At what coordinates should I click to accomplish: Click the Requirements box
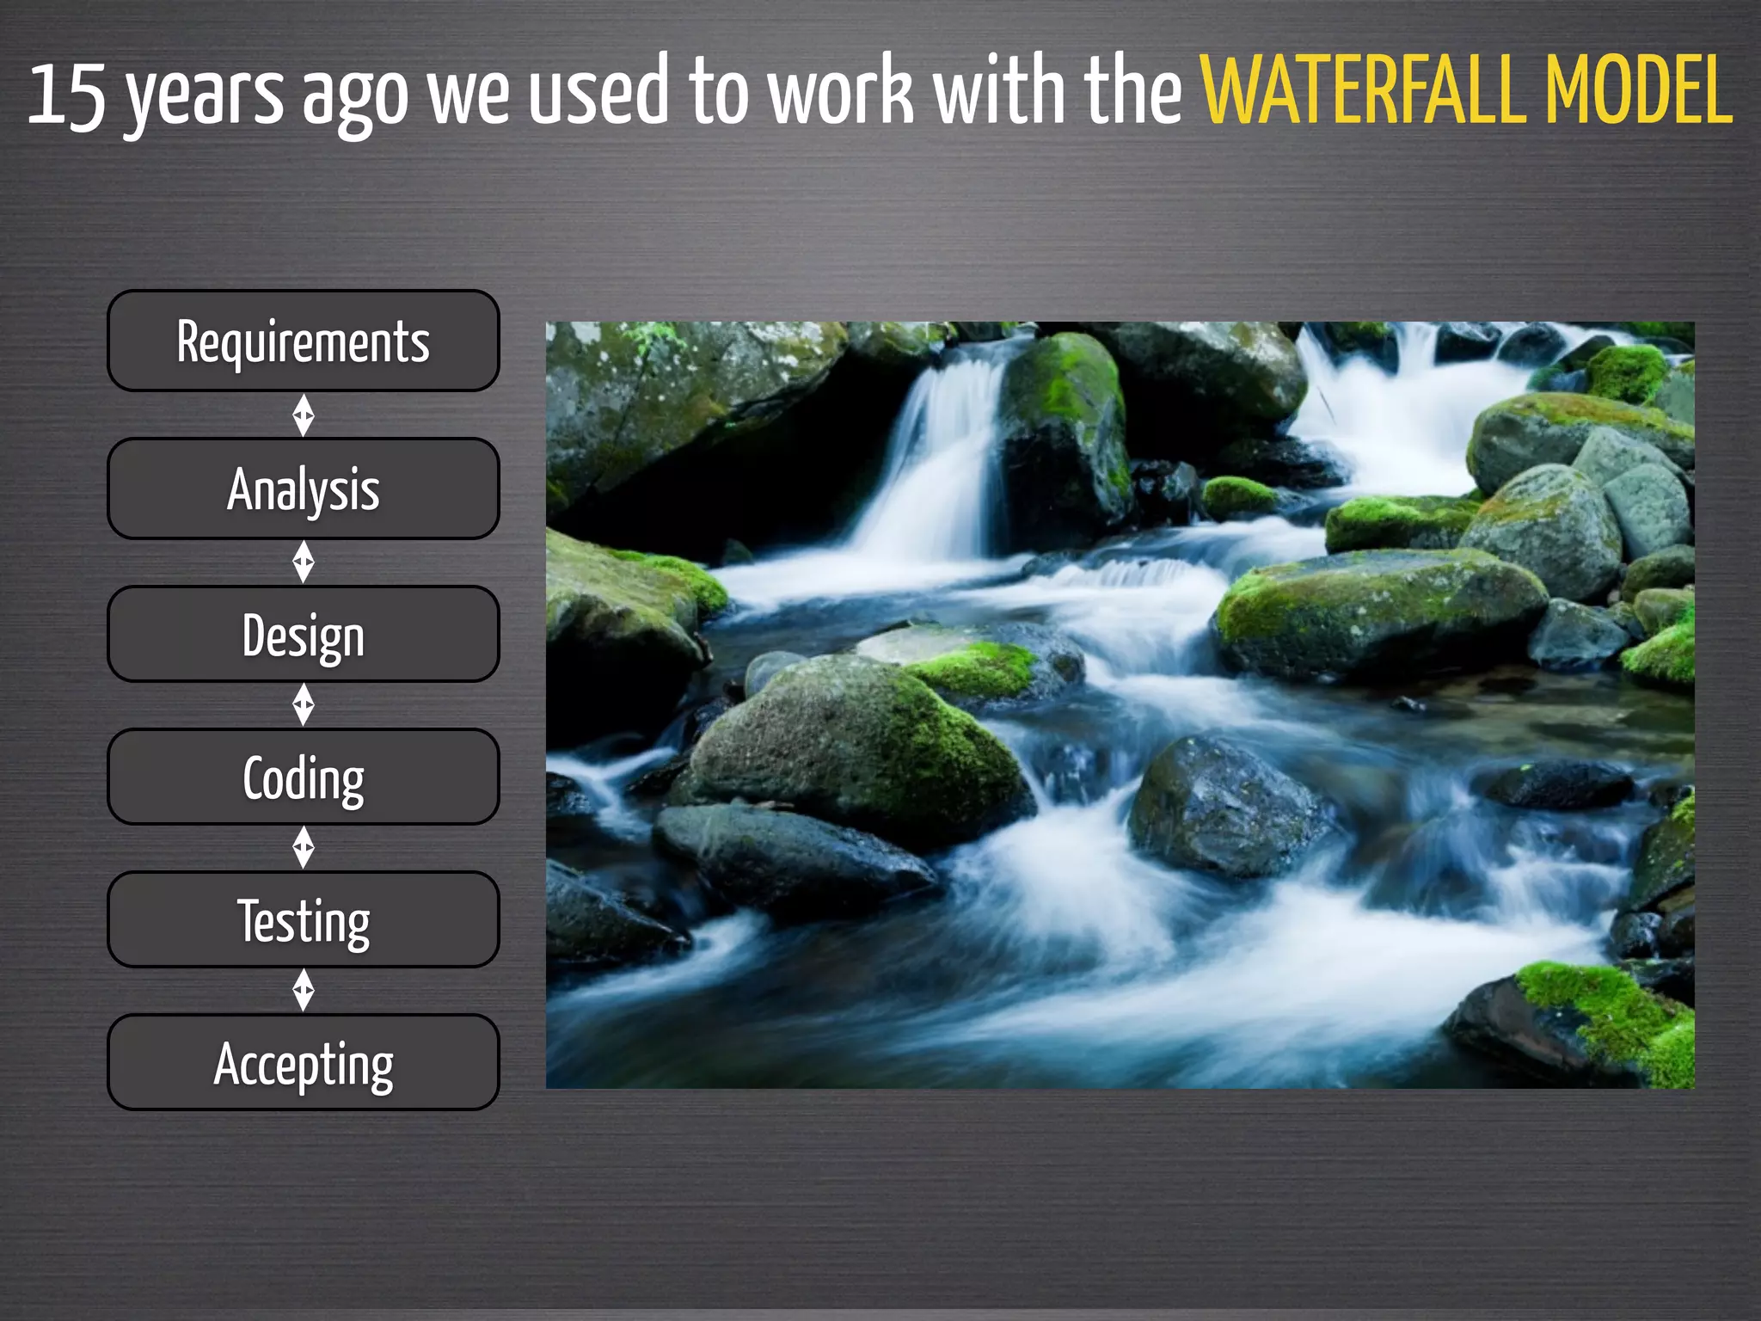click(x=303, y=341)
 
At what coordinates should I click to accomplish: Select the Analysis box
click(x=303, y=488)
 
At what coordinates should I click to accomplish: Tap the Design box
click(x=303, y=635)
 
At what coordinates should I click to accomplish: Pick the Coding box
click(x=303, y=777)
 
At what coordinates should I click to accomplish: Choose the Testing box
click(x=303, y=919)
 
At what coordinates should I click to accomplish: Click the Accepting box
click(x=303, y=1062)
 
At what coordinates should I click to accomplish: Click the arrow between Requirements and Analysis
click(x=304, y=415)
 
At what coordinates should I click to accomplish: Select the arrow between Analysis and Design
click(x=304, y=562)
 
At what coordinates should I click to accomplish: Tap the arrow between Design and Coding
click(x=304, y=705)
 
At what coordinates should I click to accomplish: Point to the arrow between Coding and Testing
click(x=304, y=848)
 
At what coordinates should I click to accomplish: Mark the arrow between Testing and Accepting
click(x=304, y=991)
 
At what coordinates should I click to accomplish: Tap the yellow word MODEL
click(x=1638, y=90)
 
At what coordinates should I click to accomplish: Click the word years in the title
click(x=205, y=96)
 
